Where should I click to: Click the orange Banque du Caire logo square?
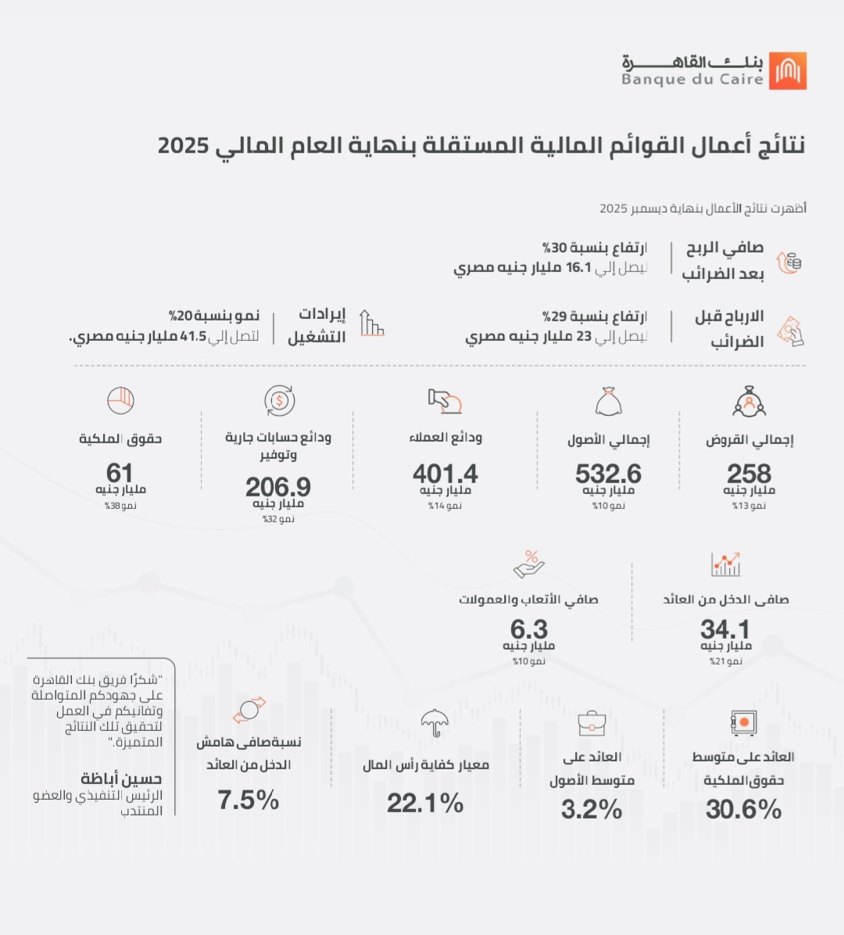[788, 71]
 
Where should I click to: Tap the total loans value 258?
[749, 474]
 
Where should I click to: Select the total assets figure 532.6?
[608, 474]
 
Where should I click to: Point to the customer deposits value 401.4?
[445, 474]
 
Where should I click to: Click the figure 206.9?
[277, 487]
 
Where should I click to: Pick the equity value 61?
[120, 473]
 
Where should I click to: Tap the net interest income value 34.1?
[724, 629]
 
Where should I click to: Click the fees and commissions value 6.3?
[529, 629]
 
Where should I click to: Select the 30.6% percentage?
[743, 810]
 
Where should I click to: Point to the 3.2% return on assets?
[592, 810]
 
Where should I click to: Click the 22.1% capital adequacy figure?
[425, 803]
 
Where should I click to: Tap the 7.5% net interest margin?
[248, 801]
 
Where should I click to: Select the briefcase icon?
[592, 723]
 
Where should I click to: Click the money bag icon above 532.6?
[608, 401]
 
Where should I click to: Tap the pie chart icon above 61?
[120, 400]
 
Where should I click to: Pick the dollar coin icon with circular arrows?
[279, 401]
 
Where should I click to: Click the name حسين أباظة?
[121, 779]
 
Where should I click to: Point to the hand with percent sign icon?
[529, 564]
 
